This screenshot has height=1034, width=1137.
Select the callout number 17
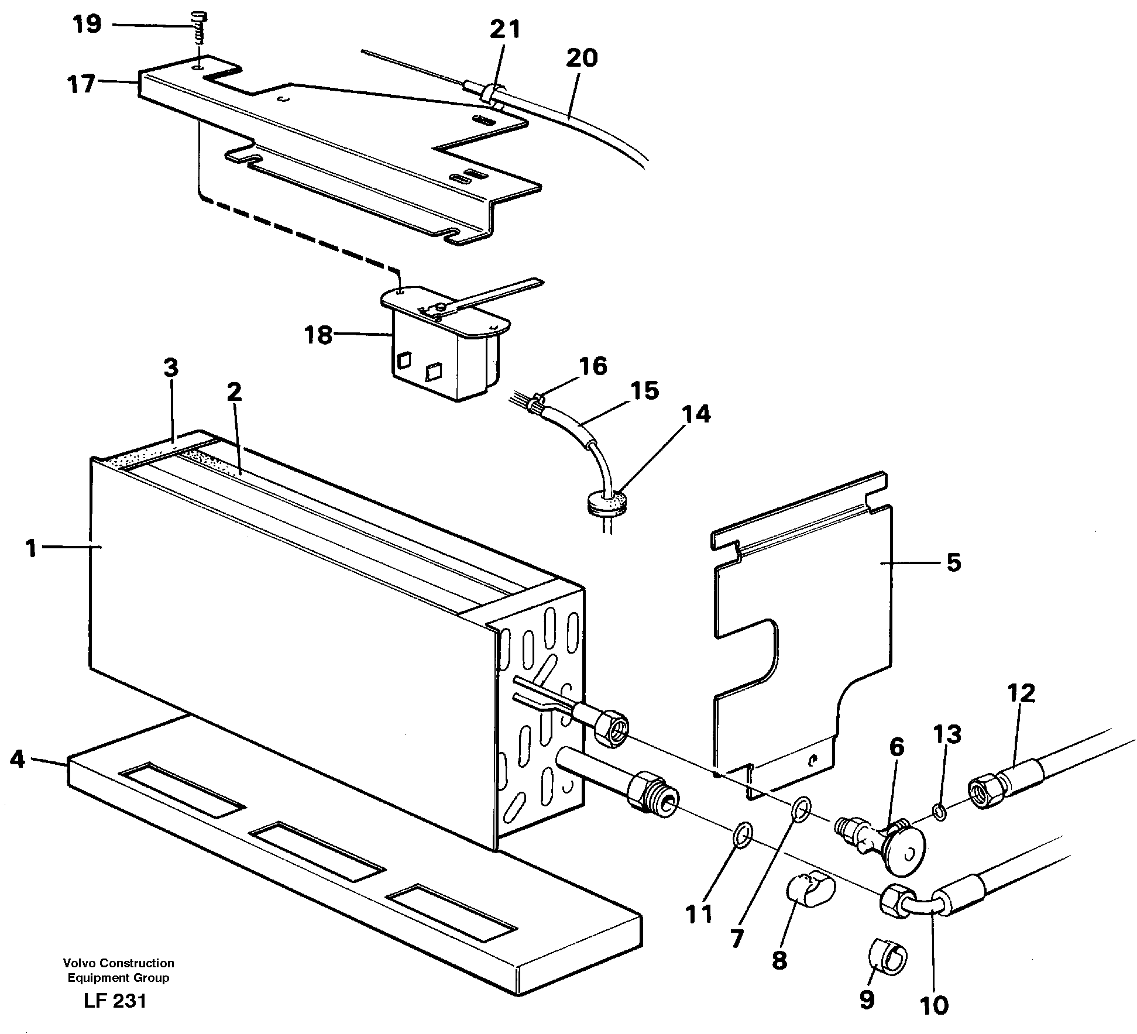tap(81, 84)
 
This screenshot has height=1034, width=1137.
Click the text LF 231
tap(115, 1001)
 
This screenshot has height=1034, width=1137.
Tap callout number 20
tap(581, 57)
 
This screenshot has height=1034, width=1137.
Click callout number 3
tap(170, 368)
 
